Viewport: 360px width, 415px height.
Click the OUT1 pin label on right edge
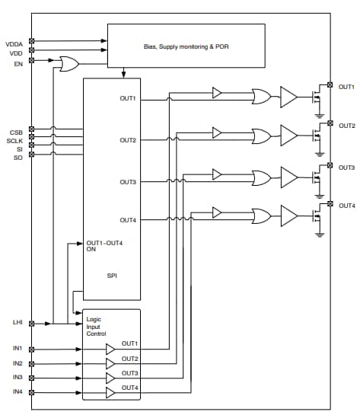coord(346,86)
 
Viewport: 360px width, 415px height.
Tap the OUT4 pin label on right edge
coord(346,206)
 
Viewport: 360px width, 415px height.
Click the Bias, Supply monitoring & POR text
coord(186,46)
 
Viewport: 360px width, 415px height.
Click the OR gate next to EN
coord(68,65)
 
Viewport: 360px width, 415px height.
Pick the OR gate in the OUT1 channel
coord(261,96)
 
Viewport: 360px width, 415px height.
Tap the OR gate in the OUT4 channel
coord(261,215)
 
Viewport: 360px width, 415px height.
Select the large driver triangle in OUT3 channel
coord(289,177)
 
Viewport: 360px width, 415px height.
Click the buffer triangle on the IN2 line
coord(110,363)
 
